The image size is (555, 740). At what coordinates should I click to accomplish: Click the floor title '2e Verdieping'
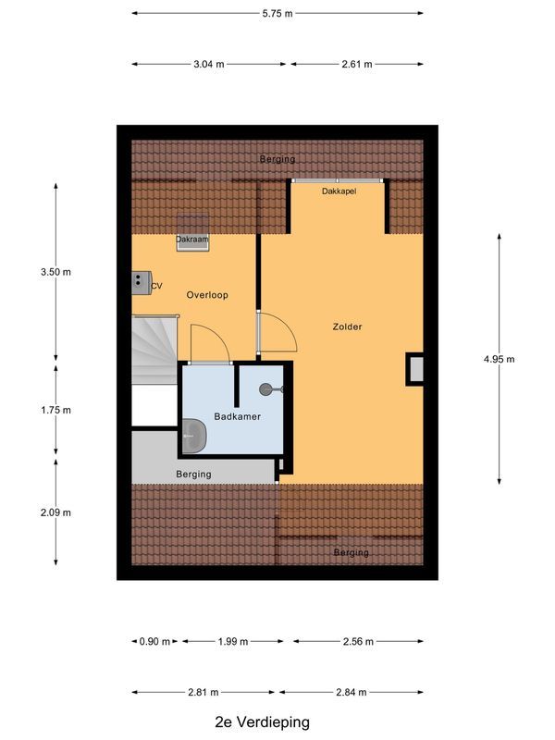(262, 722)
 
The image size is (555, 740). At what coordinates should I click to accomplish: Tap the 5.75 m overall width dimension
(277, 14)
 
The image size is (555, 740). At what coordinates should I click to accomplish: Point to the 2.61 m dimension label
(357, 65)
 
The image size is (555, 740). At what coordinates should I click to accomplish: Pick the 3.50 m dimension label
(55, 272)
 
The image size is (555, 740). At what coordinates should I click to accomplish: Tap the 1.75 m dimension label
(55, 410)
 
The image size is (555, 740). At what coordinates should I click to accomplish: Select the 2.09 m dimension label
(55, 512)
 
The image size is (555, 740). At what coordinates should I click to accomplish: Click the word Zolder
(348, 327)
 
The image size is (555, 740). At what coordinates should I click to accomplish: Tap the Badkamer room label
(238, 416)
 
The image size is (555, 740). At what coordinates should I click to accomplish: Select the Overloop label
(206, 295)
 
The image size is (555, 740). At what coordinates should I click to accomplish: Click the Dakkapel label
(339, 191)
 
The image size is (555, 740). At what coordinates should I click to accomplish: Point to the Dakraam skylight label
(192, 240)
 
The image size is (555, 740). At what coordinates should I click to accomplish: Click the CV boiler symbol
(142, 282)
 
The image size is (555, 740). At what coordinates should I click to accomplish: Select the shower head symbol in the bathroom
(268, 389)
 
